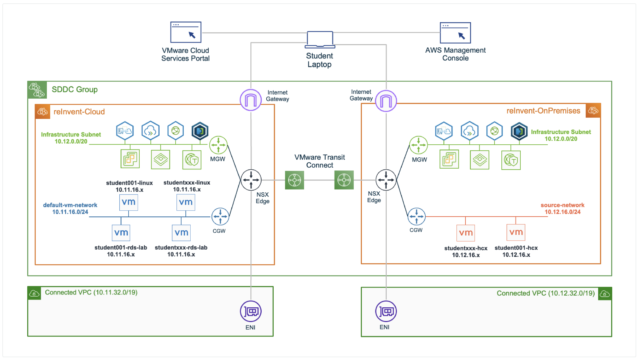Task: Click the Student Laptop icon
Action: pyautogui.click(x=321, y=40)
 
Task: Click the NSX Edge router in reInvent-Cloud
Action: pyautogui.click(x=250, y=181)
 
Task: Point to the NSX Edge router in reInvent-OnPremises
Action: pyautogui.click(x=391, y=181)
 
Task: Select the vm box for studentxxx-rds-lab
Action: pyautogui.click(x=181, y=233)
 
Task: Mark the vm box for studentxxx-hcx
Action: pyautogui.click(x=465, y=233)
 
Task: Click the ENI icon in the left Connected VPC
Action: pyautogui.click(x=250, y=311)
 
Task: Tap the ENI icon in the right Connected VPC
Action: pyautogui.click(x=384, y=311)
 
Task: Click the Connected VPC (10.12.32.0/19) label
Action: pyautogui.click(x=545, y=293)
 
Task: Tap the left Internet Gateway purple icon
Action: pyautogui.click(x=250, y=100)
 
